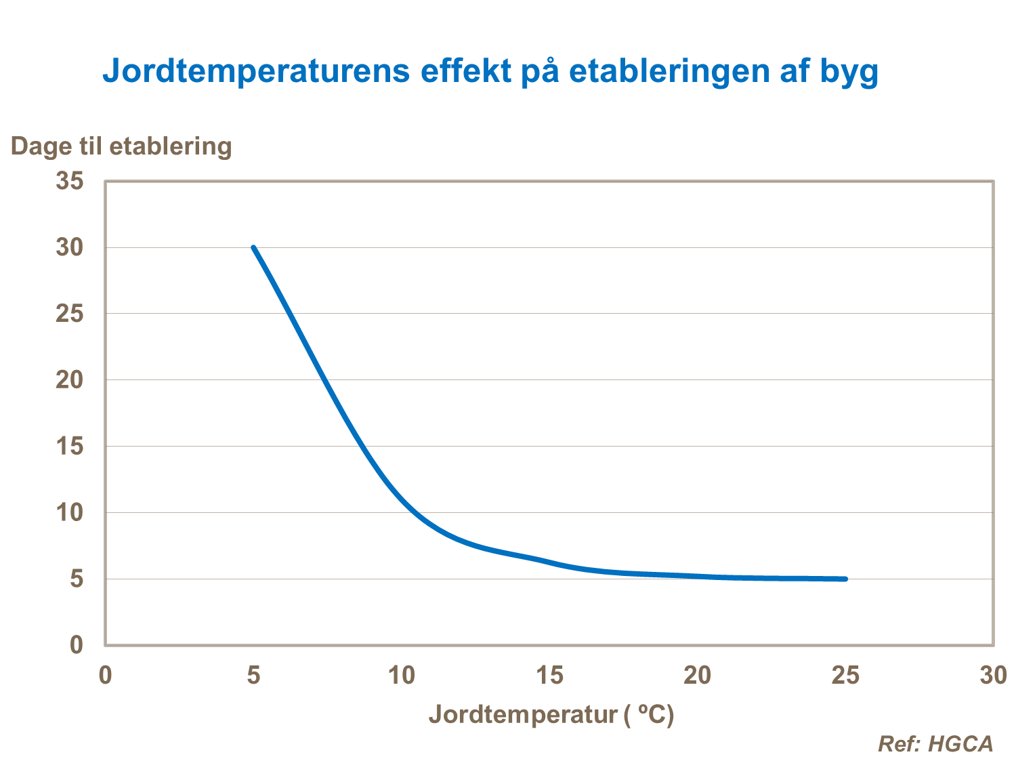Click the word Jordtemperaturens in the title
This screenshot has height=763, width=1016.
[x=256, y=70]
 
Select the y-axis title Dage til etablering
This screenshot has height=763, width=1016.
[x=121, y=146]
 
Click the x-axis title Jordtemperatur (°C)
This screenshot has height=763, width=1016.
[x=551, y=714]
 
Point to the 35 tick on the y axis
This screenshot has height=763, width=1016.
[x=70, y=181]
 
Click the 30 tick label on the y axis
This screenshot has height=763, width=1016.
[x=70, y=247]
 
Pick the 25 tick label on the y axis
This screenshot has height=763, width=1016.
[x=70, y=314]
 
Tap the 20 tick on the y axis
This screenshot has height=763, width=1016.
[x=70, y=379]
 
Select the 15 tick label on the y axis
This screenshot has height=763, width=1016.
[x=70, y=446]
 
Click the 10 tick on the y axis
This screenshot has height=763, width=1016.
[x=70, y=512]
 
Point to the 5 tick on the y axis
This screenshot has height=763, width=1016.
[x=77, y=579]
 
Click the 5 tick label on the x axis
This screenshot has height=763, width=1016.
[x=253, y=675]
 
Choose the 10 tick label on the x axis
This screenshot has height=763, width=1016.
[x=401, y=675]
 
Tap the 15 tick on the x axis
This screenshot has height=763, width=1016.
[x=549, y=675]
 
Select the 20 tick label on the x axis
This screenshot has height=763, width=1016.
[x=697, y=675]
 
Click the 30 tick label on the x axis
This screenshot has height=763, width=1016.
[x=993, y=675]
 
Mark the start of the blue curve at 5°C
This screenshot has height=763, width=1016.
[x=253, y=247]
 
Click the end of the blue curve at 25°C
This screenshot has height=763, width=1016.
[x=845, y=579]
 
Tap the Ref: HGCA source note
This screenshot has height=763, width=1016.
[x=935, y=743]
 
